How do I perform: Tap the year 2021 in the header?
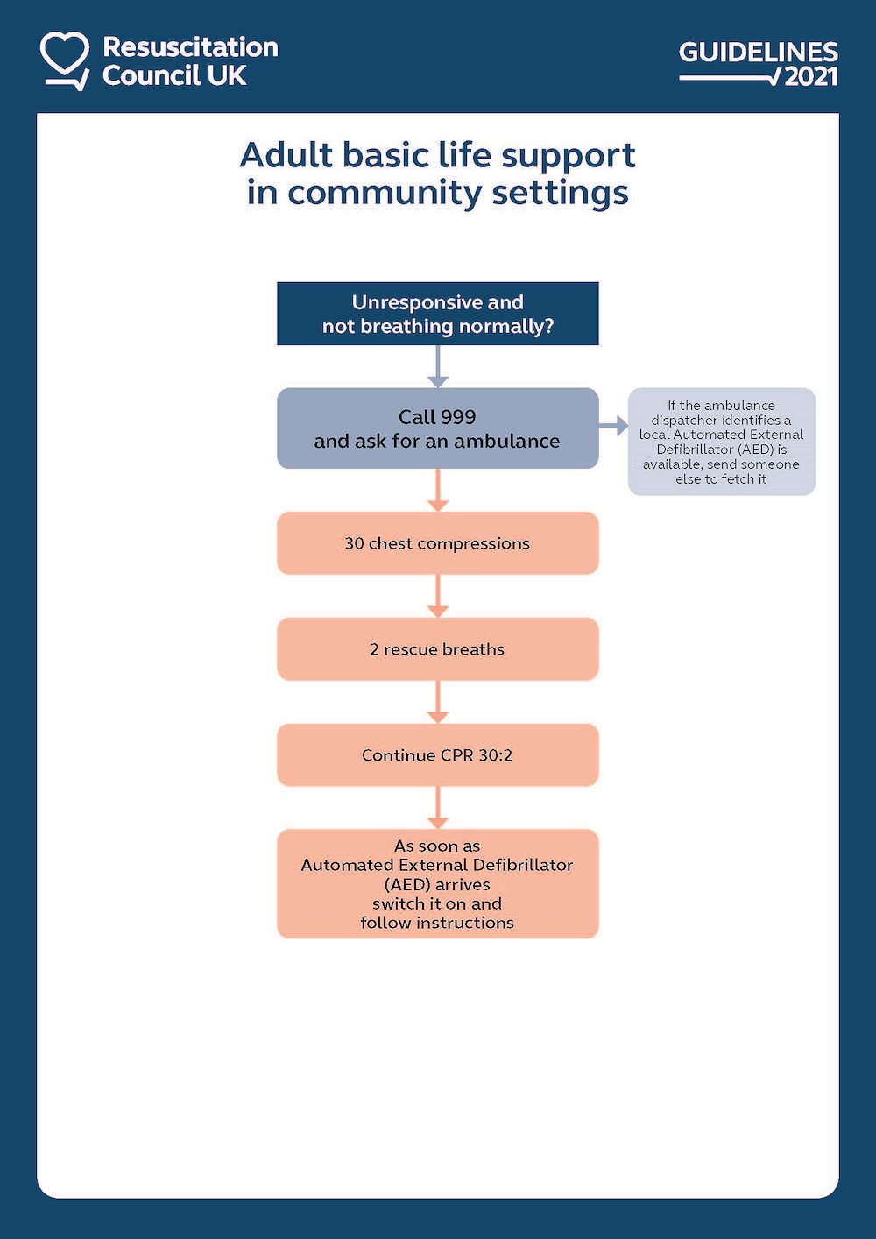[811, 77]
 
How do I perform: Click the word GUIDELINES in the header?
[758, 52]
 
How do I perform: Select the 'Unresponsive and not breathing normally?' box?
[438, 314]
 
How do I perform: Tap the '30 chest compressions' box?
[438, 543]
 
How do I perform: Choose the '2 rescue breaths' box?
[438, 649]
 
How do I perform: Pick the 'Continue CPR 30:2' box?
[438, 755]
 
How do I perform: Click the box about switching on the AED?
[438, 883]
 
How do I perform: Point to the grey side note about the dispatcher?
[721, 442]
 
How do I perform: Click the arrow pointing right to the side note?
[614, 427]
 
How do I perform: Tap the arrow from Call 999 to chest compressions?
[438, 491]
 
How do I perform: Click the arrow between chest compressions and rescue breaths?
[438, 597]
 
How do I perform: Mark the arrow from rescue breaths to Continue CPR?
[438, 703]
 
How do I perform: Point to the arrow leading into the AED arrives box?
[438, 808]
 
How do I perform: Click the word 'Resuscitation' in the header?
[190, 47]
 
